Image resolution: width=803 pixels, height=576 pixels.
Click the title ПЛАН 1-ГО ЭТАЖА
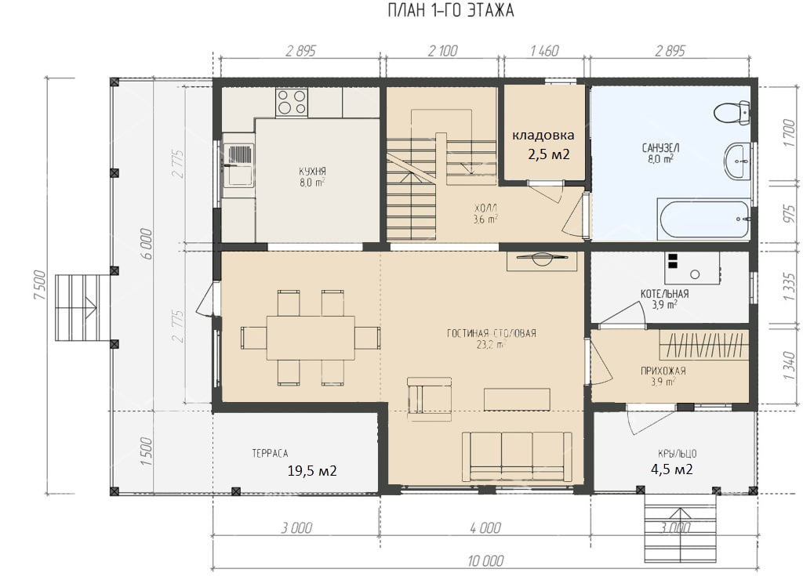[x=451, y=11]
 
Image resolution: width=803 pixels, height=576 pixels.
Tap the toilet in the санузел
[x=732, y=113]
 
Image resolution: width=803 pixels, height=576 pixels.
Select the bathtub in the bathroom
[x=703, y=219]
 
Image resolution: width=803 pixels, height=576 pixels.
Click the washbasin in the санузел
[x=737, y=161]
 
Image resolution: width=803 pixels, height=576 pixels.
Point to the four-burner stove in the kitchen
[x=292, y=102]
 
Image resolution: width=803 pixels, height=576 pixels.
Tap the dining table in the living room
[x=311, y=338]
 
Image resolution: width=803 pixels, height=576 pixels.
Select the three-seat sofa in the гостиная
[x=517, y=457]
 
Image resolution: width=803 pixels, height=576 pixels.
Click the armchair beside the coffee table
[x=429, y=399]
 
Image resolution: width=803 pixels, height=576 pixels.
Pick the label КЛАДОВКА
[x=543, y=135]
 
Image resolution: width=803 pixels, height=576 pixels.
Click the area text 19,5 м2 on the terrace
[x=312, y=470]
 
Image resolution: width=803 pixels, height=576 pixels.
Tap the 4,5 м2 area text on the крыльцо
[x=672, y=469]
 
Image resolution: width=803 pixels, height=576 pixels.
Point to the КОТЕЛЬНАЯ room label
[x=664, y=294]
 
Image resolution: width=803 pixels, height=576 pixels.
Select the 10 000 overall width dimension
[x=485, y=560]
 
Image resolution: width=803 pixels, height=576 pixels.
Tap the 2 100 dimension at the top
[x=442, y=51]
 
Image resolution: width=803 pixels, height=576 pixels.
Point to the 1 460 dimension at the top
[x=544, y=51]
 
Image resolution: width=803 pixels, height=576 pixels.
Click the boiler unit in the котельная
[x=692, y=268]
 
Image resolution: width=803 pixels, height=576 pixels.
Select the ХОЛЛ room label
[x=485, y=208]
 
